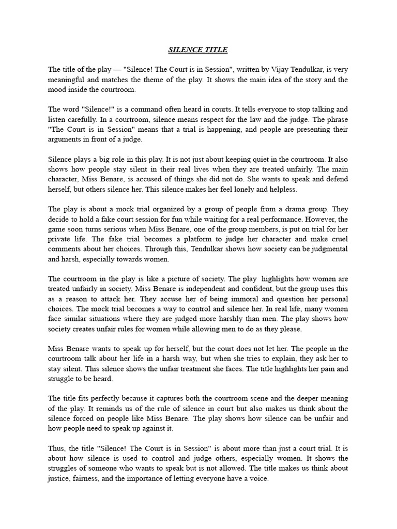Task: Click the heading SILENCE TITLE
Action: (x=198, y=50)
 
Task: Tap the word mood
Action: (x=57, y=89)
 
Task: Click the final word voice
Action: (x=257, y=478)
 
